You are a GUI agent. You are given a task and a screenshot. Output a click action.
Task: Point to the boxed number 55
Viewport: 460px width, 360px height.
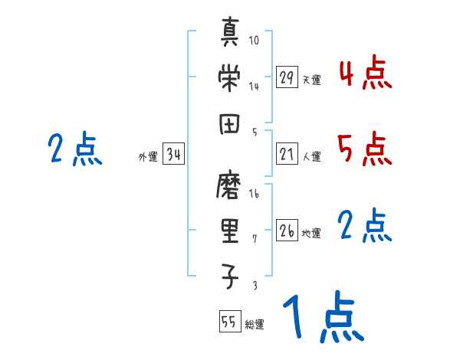click(229, 322)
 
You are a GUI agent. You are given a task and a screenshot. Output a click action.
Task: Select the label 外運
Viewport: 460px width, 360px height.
click(148, 157)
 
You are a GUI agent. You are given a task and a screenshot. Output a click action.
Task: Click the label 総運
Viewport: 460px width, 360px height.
click(255, 324)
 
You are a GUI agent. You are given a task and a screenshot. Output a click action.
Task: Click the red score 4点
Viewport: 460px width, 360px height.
click(364, 75)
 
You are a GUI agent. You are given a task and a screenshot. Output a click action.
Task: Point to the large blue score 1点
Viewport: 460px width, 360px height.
click(323, 318)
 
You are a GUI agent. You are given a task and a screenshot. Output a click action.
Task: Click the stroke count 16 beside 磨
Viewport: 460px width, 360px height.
click(254, 194)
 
